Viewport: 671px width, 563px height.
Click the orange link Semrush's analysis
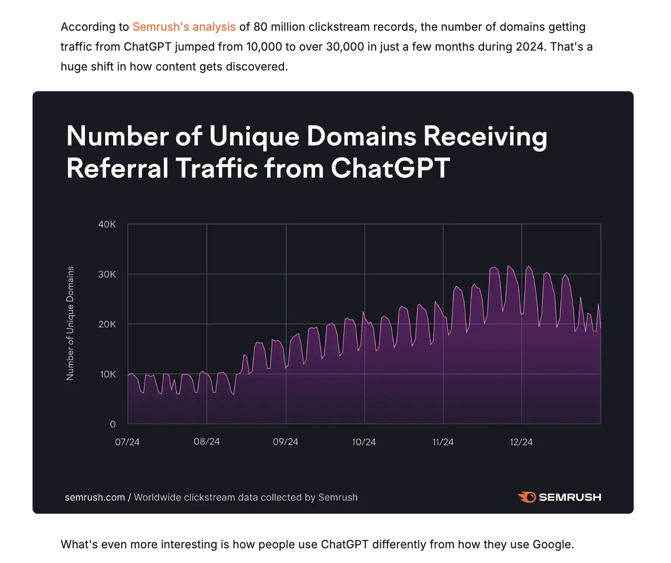184,27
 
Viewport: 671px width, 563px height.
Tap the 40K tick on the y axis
107,224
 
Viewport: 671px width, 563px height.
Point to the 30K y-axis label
107,274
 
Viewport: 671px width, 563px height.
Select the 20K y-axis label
107,324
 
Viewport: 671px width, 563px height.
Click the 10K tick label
107,374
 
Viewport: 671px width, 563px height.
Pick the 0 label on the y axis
113,424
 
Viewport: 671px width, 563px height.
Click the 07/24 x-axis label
127,442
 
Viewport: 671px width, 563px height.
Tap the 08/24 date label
207,441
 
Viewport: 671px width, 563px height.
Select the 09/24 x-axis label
285,442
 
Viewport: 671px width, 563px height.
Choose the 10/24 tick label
364,442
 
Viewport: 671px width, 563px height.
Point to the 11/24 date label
443,442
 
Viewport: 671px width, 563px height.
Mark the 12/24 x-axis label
521,442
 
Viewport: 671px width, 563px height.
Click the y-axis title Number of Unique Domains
70,323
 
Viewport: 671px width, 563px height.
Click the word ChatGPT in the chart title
390,168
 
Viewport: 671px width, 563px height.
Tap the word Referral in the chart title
117,168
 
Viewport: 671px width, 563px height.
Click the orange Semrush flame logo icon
527,497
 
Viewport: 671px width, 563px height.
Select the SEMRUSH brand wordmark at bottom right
570,497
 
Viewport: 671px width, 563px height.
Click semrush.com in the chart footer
95,497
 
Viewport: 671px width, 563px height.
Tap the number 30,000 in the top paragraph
345,47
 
